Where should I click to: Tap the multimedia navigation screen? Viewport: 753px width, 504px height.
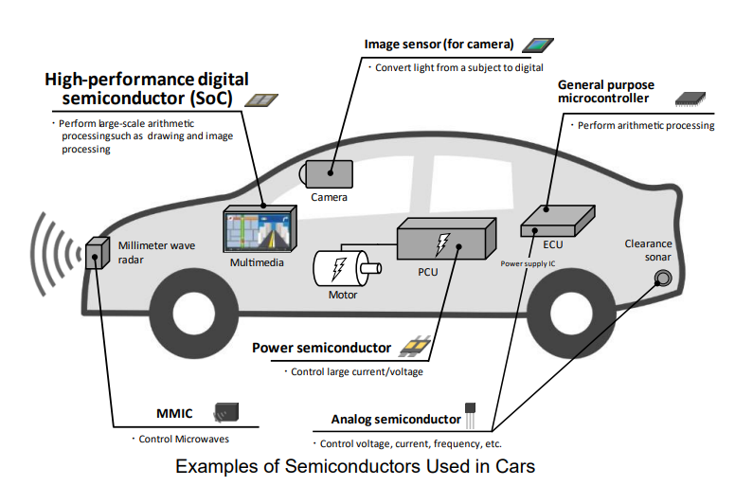[x=260, y=229]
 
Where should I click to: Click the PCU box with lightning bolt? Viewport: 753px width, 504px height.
[x=446, y=239]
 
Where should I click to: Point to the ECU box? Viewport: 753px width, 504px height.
[x=558, y=221]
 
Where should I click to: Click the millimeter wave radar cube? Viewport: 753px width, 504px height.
[x=98, y=253]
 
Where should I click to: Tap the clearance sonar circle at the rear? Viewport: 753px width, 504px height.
[x=663, y=279]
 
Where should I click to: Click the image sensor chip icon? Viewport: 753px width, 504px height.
[x=538, y=45]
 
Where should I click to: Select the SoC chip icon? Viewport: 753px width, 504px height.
[x=261, y=99]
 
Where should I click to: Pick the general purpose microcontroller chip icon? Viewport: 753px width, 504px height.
[x=690, y=99]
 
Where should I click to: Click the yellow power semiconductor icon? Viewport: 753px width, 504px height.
[x=416, y=346]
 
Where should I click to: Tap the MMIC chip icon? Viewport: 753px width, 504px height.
[x=226, y=413]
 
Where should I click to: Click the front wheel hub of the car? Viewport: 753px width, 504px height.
[x=193, y=313]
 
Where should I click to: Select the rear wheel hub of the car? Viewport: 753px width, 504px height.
[x=571, y=312]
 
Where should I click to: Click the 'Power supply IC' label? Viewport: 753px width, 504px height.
[x=528, y=263]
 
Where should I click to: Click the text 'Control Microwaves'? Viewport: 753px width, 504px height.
[x=184, y=440]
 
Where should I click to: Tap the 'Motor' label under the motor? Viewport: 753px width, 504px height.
[x=343, y=295]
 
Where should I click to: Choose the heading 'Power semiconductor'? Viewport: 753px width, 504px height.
[x=321, y=348]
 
